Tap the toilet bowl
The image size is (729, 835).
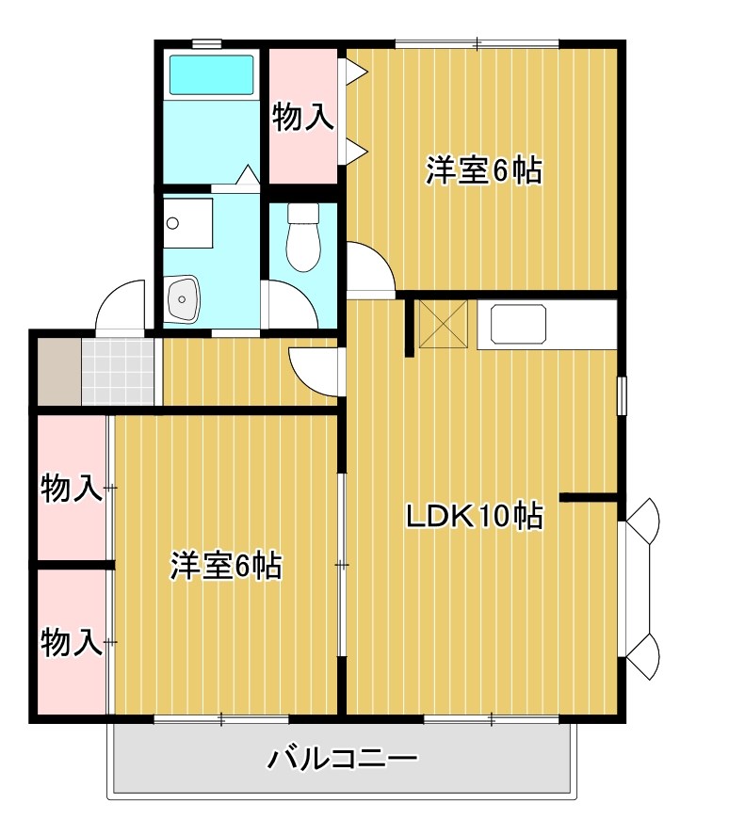(x=303, y=241)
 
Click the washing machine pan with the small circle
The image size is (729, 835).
(x=187, y=222)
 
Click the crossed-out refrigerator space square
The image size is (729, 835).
(x=443, y=325)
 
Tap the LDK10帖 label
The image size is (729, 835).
(x=474, y=516)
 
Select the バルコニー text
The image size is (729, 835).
(x=341, y=758)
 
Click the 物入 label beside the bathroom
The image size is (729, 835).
(x=302, y=117)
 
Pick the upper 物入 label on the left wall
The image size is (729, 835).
(x=72, y=489)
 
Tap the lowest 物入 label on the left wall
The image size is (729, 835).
(x=72, y=643)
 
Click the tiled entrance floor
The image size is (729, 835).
(x=117, y=373)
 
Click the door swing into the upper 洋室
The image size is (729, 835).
(x=369, y=267)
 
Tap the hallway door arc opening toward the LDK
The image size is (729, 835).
(x=313, y=369)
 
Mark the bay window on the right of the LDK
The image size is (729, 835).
(x=641, y=588)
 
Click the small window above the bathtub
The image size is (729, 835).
(x=206, y=42)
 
